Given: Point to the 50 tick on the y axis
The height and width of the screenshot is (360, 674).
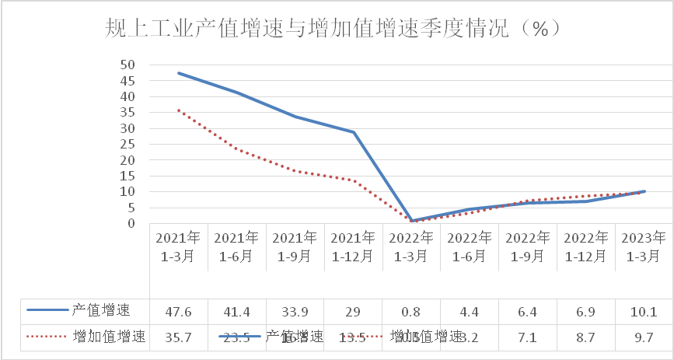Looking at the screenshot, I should tap(128, 65).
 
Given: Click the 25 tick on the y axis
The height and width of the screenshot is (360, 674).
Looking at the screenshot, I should tap(128, 145).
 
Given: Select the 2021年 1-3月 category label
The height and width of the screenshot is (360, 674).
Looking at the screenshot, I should tap(179, 246).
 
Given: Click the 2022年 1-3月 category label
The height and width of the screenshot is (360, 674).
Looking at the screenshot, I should tap(412, 246).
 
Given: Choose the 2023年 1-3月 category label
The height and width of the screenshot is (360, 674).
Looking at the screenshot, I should tap(644, 246).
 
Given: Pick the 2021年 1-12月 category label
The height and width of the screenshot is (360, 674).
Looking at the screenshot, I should tap(354, 246).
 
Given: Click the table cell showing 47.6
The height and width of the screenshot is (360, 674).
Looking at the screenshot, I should tap(179, 313).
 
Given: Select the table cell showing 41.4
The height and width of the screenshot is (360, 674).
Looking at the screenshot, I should tap(237, 313).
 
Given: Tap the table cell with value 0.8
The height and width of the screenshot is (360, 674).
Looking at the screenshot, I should tap(412, 313).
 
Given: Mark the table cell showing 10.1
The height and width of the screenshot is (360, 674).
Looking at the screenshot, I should tap(644, 313).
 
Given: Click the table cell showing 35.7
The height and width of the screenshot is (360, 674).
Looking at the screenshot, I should tap(179, 337).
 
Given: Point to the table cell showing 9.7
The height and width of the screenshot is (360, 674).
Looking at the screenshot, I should tap(644, 337).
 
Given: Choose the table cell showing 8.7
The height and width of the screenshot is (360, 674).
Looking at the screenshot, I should tap(586, 337).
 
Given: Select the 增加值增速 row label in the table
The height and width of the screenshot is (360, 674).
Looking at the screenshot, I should tap(109, 337).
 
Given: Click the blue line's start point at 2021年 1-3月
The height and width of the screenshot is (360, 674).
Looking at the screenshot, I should tap(179, 73).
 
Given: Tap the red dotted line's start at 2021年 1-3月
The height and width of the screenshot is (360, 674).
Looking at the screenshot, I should tap(179, 110).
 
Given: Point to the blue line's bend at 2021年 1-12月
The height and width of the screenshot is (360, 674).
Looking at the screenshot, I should tap(354, 132).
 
